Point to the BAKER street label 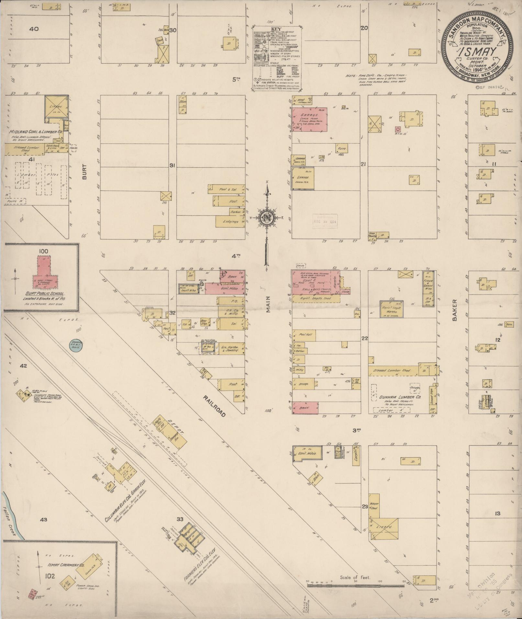455,310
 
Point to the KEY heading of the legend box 278,28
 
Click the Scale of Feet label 355,577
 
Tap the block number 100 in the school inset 43,251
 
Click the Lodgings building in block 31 230,222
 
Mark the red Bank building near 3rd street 305,408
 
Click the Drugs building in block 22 303,384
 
